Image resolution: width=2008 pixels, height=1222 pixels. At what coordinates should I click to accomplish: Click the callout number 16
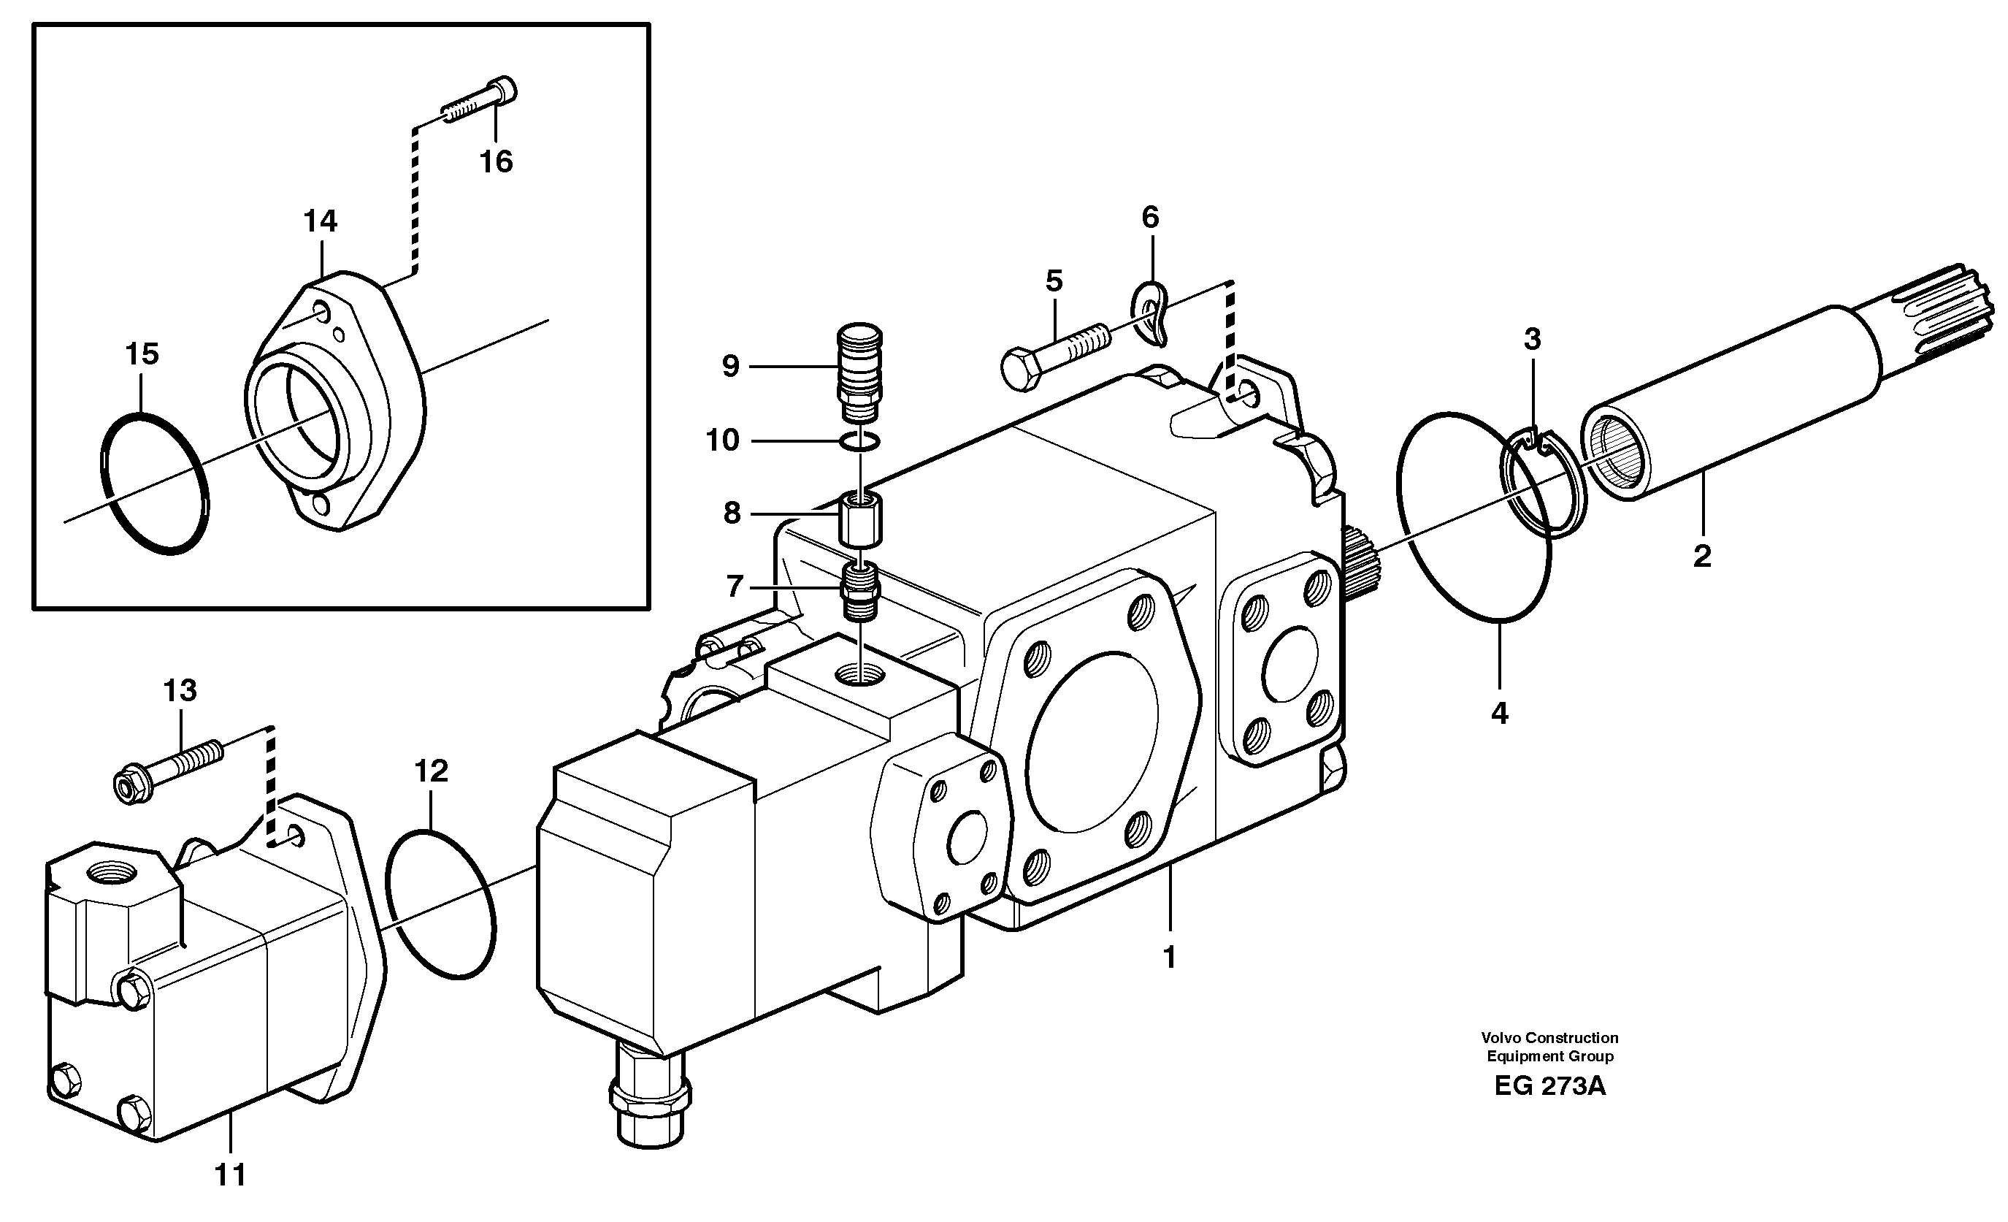496,161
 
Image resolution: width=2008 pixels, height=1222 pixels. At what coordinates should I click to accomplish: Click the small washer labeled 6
1151,313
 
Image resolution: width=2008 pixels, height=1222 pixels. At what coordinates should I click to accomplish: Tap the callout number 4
1500,714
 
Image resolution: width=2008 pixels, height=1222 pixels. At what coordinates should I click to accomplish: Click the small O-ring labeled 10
859,442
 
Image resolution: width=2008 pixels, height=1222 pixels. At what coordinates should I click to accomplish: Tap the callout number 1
1170,958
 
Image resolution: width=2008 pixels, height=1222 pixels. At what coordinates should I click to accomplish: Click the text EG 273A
1549,1087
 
